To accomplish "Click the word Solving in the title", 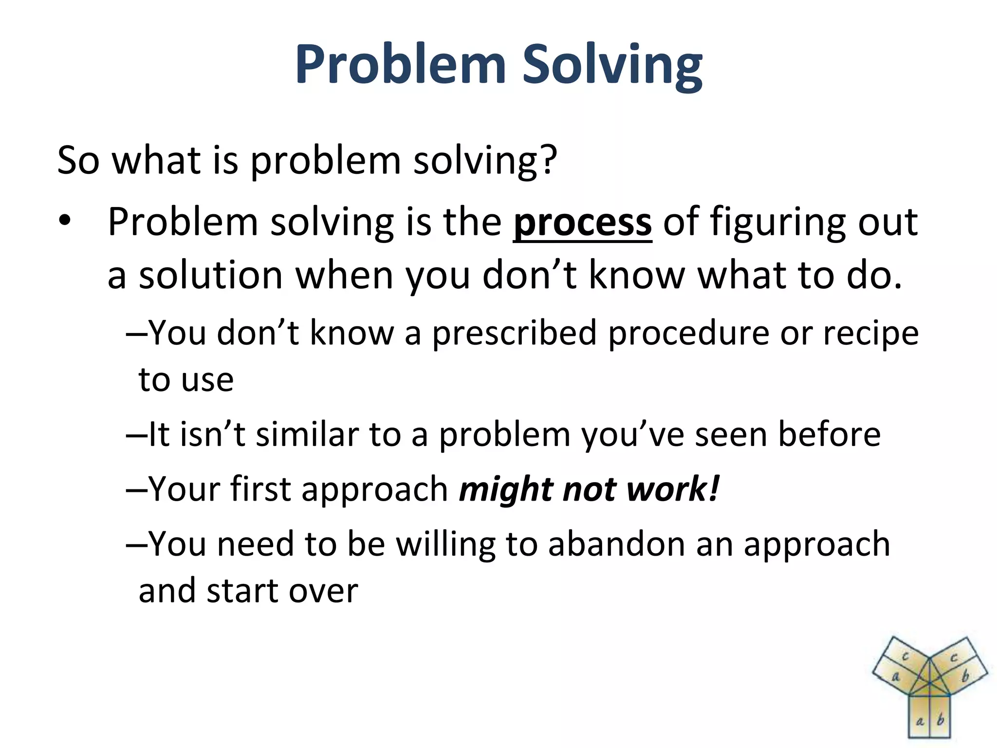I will (x=612, y=66).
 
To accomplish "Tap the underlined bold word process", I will (x=582, y=222).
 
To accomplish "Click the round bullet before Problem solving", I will (x=64, y=222).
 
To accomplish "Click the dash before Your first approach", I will (x=136, y=489).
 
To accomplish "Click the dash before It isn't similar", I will (x=136, y=434).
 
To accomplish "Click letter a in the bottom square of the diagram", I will (x=920, y=721).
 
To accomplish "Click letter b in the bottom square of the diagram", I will (x=941, y=720).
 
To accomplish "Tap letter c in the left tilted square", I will (x=905, y=656).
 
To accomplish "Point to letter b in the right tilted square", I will (x=966, y=676).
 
